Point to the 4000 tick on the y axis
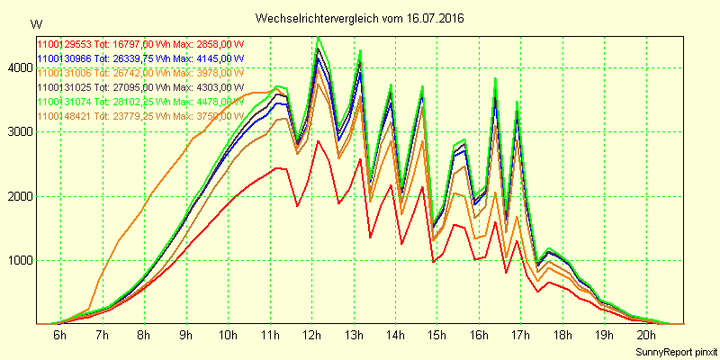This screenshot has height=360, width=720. [x=17, y=67]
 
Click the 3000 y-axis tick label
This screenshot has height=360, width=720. [x=17, y=131]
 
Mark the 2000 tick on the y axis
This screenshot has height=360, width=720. [x=17, y=196]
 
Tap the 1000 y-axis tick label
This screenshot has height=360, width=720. [x=17, y=261]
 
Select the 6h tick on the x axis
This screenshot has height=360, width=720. [x=59, y=335]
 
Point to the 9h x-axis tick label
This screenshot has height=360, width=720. [x=185, y=335]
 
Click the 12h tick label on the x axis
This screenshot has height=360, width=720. [x=311, y=335]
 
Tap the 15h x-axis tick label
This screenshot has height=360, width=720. [x=437, y=335]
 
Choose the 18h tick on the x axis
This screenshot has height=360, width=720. [x=563, y=335]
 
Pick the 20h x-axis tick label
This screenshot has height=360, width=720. [x=647, y=335]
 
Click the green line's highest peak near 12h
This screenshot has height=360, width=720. [x=318, y=37]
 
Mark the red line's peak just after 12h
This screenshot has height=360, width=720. [x=318, y=140]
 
